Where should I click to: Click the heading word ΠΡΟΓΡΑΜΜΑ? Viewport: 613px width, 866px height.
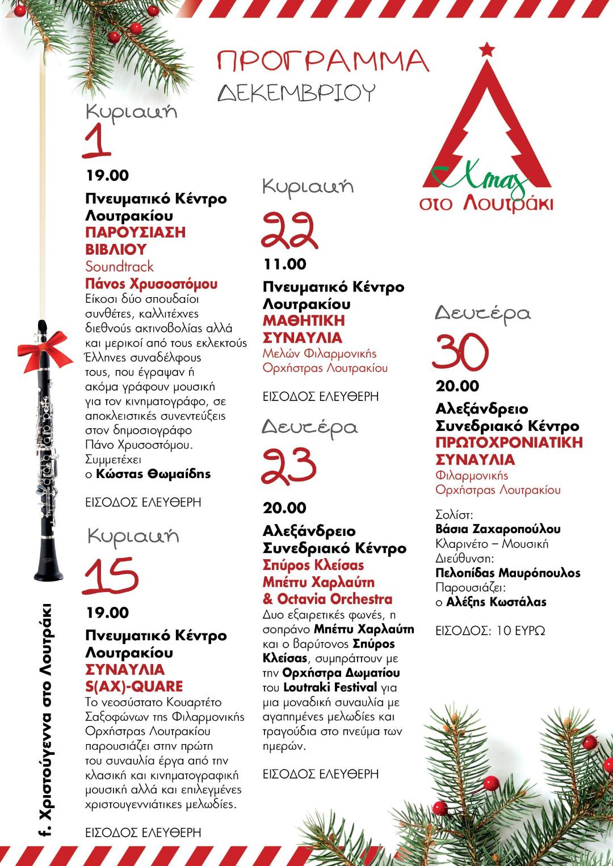322,61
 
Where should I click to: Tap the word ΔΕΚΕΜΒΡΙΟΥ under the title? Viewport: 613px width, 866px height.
296,92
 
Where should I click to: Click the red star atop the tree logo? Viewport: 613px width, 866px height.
486,49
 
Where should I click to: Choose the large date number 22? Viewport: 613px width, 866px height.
290,231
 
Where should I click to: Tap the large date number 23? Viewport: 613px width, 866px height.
288,466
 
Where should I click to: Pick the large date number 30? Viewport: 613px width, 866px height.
461,352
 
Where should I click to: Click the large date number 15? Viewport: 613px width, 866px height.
111,576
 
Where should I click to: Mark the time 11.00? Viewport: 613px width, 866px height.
285,264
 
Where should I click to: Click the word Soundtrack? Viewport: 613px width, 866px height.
119,266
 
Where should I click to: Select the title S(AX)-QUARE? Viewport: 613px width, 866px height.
134,686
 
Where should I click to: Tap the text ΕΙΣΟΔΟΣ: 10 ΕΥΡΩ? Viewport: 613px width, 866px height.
490,631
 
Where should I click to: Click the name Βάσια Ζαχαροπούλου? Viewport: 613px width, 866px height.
498,529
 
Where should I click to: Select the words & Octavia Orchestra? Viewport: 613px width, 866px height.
328,599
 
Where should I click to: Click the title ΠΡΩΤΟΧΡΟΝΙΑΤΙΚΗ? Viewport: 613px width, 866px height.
509,442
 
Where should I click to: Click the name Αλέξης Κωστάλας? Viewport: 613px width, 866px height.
496,602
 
